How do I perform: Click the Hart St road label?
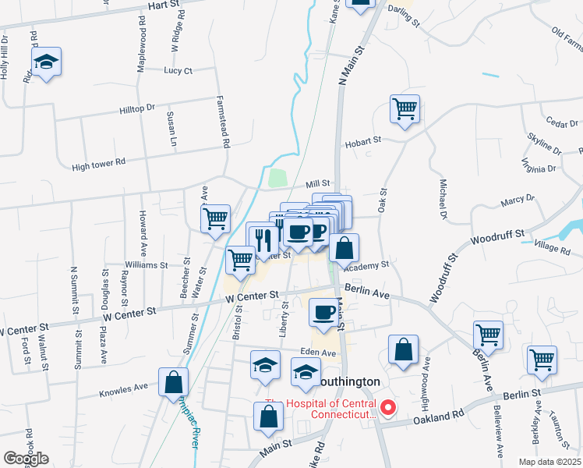point(164,5)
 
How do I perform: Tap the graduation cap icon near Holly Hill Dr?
point(47,62)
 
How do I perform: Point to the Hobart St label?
point(362,140)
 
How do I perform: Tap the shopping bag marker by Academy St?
point(344,249)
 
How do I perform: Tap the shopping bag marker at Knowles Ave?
point(173,382)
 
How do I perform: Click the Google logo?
point(26,459)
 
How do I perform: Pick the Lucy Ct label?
point(178,70)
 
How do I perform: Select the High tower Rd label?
point(98,164)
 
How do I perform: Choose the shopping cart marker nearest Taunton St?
point(542,360)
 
